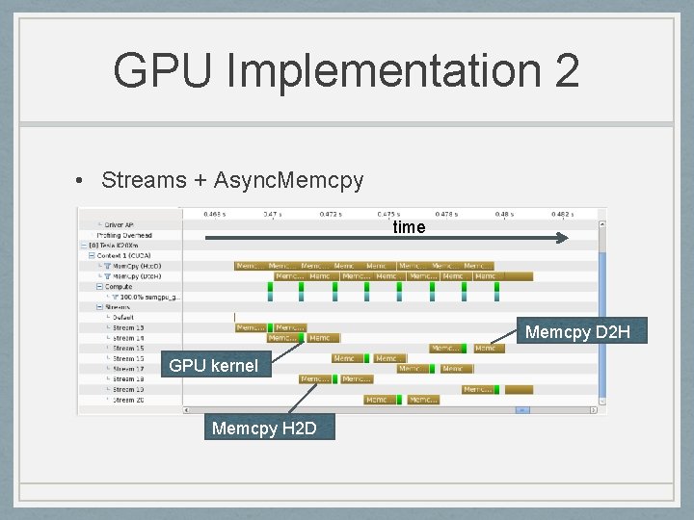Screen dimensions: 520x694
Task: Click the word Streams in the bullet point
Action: pyautogui.click(x=143, y=180)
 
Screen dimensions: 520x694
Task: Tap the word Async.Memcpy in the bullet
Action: pyautogui.click(x=288, y=180)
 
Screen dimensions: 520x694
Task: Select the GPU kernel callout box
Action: pyautogui.click(x=213, y=366)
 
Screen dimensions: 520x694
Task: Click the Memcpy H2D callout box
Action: pyautogui.click(x=263, y=428)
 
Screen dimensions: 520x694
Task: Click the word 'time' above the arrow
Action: pyautogui.click(x=409, y=227)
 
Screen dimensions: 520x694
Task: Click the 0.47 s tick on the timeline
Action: pyautogui.click(x=273, y=215)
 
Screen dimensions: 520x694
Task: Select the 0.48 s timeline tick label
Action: pyautogui.click(x=505, y=215)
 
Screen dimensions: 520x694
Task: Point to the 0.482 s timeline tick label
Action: pyautogui.click(x=563, y=215)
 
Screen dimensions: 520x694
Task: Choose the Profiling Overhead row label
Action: pyautogui.click(x=125, y=235)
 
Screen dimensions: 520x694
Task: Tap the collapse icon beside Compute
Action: pyautogui.click(x=99, y=286)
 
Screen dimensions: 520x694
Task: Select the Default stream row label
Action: pyautogui.click(x=123, y=317)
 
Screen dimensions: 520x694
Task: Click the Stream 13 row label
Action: pyautogui.click(x=128, y=327)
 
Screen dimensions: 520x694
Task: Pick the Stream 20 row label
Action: pyautogui.click(x=128, y=400)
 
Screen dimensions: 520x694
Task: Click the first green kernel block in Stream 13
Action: pyautogui.click(x=271, y=327)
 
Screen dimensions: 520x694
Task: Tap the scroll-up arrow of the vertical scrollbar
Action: pyautogui.click(x=602, y=224)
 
